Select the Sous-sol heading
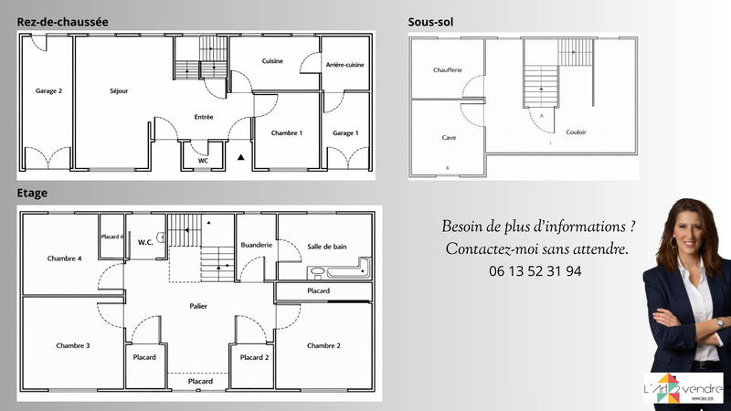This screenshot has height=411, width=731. pyautogui.click(x=430, y=21)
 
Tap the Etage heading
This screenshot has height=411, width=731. pyautogui.click(x=32, y=194)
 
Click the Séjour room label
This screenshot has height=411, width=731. pyautogui.click(x=119, y=91)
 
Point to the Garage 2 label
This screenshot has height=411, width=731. pyautogui.click(x=48, y=91)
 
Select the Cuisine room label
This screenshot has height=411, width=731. pyautogui.click(x=272, y=61)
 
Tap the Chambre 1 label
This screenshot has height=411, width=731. pyautogui.click(x=287, y=133)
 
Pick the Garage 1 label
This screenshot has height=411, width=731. pyautogui.click(x=345, y=133)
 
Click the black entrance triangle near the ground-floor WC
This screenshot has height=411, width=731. pyautogui.click(x=241, y=158)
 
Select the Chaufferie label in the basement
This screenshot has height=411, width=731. pyautogui.click(x=449, y=69)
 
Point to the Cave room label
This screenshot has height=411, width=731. pyautogui.click(x=449, y=138)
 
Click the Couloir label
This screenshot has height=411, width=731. pyautogui.click(x=576, y=132)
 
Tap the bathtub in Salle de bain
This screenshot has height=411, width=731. pyautogui.click(x=340, y=270)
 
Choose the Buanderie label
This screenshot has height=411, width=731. pyautogui.click(x=256, y=245)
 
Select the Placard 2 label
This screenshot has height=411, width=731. pyautogui.click(x=254, y=357)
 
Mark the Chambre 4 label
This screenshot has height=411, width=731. pyautogui.click(x=65, y=258)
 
